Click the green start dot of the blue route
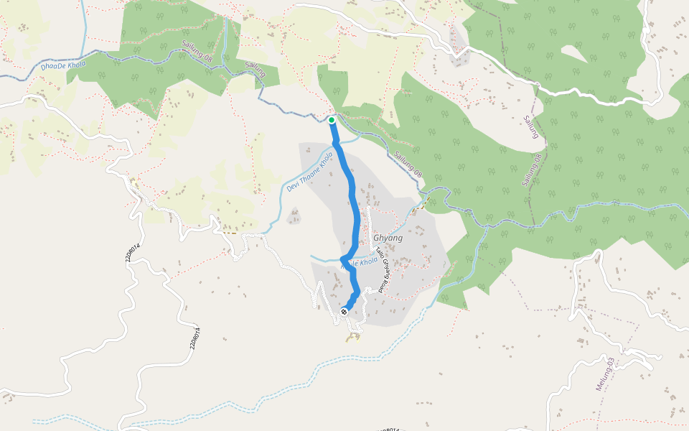[x=332, y=120]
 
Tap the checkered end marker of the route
[x=344, y=312]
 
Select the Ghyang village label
[x=388, y=238]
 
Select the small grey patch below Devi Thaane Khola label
[x=294, y=215]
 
